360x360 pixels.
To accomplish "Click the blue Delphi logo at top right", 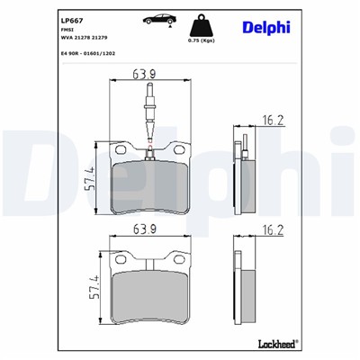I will (266, 27).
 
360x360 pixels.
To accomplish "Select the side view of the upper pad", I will (244, 180).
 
